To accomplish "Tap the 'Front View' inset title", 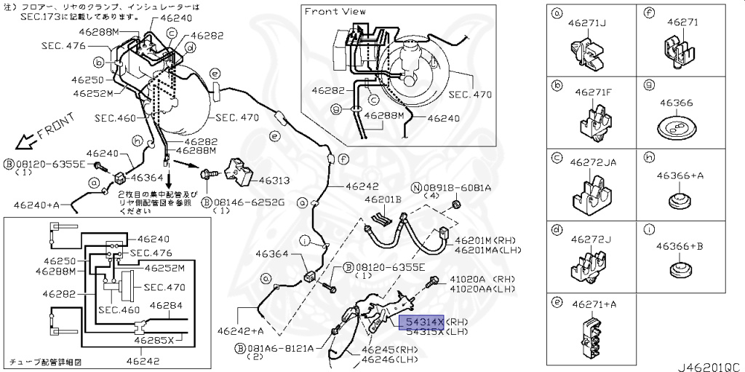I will [x=335, y=11].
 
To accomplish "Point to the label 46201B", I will [x=383, y=199].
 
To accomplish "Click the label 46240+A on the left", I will [x=30, y=205].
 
